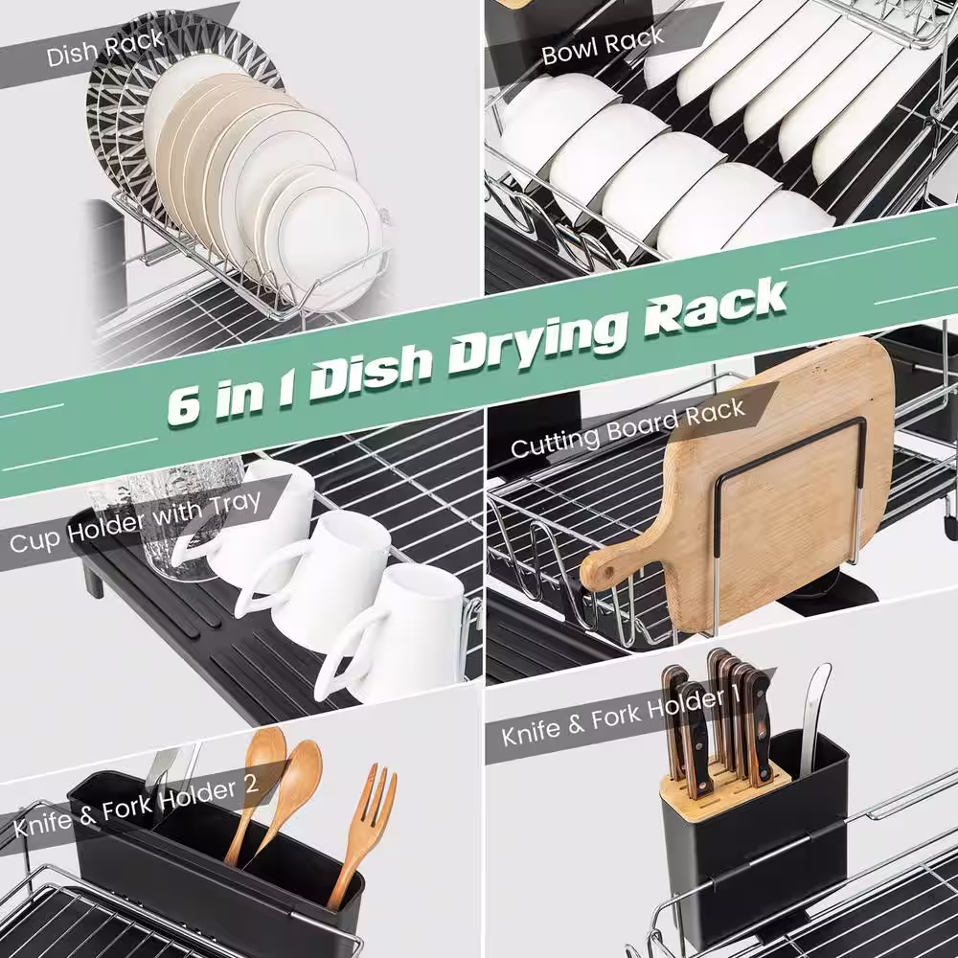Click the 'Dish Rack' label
click(105, 49)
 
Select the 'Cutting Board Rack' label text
click(628, 427)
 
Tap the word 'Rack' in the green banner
click(716, 308)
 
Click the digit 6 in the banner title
click(183, 404)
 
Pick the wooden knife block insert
click(726, 787)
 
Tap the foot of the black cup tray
click(94, 580)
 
